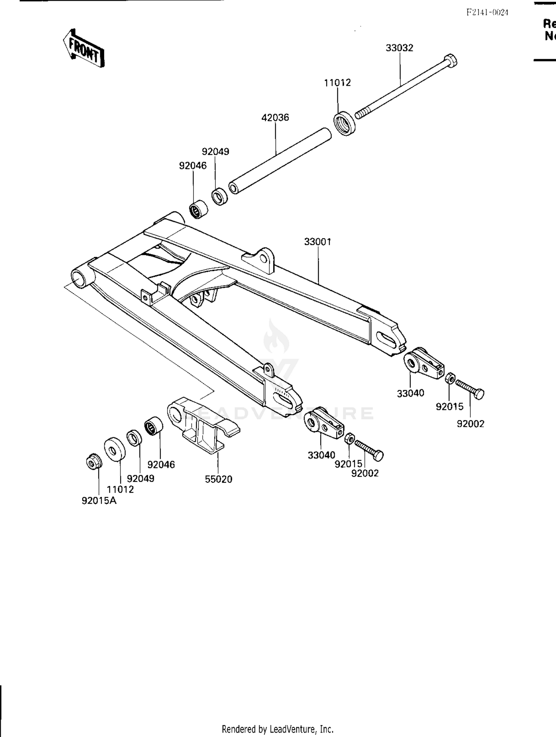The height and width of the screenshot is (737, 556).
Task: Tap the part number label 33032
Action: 399,48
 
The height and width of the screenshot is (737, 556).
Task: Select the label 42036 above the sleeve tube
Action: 275,118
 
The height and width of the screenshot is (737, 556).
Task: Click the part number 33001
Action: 318,241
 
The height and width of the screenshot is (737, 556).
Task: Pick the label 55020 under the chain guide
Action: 218,479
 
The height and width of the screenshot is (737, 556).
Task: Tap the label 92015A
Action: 99,501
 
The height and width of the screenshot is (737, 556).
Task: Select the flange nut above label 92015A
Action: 92,462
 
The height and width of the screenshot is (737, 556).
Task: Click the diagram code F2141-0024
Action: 487,12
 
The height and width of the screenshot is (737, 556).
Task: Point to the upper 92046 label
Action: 193,165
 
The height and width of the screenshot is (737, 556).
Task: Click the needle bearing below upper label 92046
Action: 198,209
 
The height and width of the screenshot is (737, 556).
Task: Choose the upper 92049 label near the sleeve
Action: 215,151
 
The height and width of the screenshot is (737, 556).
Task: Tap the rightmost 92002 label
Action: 470,424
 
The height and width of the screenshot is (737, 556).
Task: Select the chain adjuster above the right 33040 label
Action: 423,363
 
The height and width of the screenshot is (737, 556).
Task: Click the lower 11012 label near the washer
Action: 120,489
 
